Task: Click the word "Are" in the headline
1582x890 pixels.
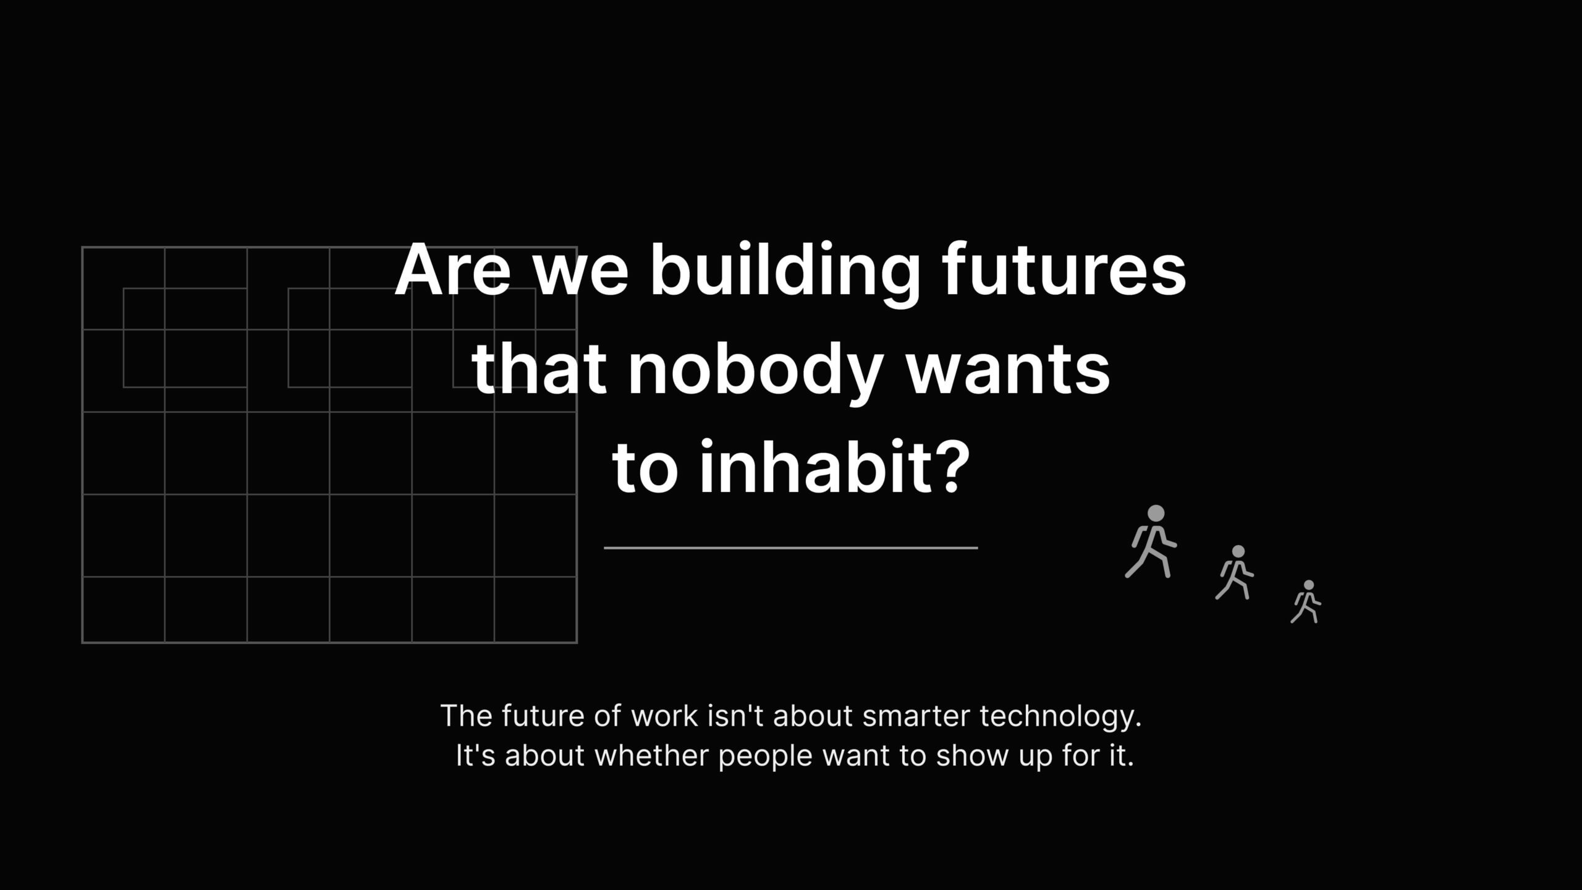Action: [453, 271]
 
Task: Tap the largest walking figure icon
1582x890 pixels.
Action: [1151, 541]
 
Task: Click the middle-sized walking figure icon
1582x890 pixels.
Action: [1235, 572]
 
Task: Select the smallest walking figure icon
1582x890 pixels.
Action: [1306, 601]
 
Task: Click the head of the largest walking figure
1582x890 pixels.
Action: [1156, 514]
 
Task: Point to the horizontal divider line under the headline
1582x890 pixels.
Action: [790, 548]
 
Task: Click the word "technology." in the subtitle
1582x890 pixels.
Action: [1060, 717]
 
